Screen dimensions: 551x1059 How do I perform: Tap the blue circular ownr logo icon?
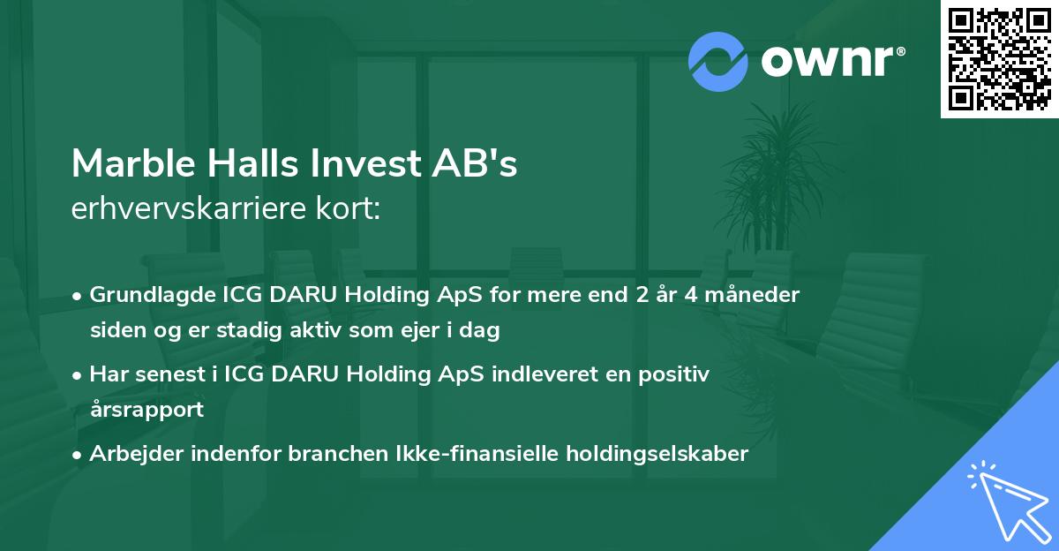tap(717, 62)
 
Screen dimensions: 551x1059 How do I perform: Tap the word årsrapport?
tap(146, 410)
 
